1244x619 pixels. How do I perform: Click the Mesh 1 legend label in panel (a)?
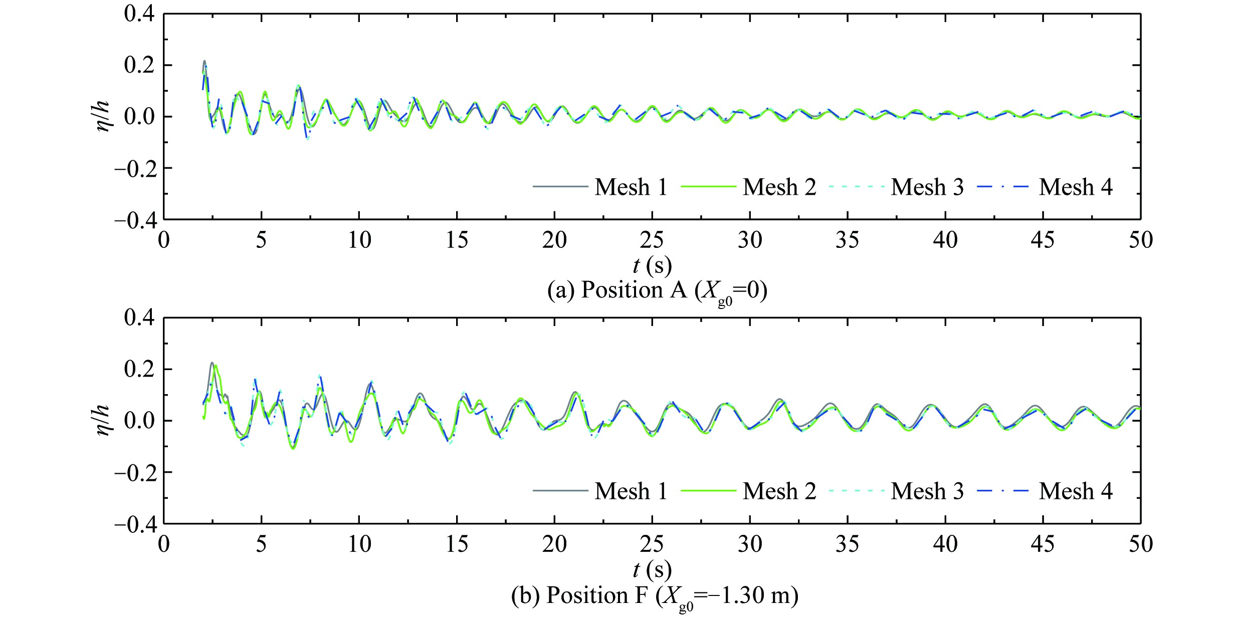pyautogui.click(x=631, y=187)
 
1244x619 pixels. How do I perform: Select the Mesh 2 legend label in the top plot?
pyautogui.click(x=779, y=187)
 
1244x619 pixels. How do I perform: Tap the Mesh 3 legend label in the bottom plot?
pyautogui.click(x=927, y=491)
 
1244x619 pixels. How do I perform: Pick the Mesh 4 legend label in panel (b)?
pyautogui.click(x=1076, y=491)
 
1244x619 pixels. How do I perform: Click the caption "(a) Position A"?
pyautogui.click(x=657, y=291)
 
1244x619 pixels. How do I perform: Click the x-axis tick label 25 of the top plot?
pyautogui.click(x=652, y=240)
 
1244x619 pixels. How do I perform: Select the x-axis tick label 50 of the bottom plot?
pyautogui.click(x=1140, y=544)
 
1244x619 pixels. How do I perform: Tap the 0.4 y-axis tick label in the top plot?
pyautogui.click(x=139, y=14)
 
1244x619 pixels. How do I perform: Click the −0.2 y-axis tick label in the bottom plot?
pyautogui.click(x=135, y=473)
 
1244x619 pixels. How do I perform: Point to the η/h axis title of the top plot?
pyautogui.click(x=103, y=116)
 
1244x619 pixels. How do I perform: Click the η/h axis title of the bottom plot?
pyautogui.click(x=103, y=420)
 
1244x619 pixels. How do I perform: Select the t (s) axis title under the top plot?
pyautogui.click(x=652, y=265)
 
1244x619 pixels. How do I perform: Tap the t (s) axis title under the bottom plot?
pyautogui.click(x=652, y=569)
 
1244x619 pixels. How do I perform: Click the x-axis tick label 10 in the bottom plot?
pyautogui.click(x=359, y=544)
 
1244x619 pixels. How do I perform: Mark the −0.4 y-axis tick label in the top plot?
pyautogui.click(x=135, y=220)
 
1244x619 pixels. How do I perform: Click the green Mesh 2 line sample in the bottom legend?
pyautogui.click(x=708, y=491)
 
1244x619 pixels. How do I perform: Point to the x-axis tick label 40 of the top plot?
pyautogui.click(x=945, y=240)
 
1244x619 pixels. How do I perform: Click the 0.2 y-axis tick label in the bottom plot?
pyautogui.click(x=139, y=370)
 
